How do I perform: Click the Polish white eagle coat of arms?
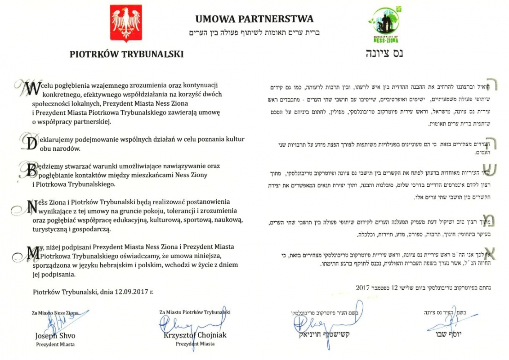tap(126, 24)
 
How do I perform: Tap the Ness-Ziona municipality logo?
tap(383, 25)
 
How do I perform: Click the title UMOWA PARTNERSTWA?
tap(254, 19)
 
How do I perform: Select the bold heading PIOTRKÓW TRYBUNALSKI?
tap(127, 54)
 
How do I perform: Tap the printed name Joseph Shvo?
tap(55, 336)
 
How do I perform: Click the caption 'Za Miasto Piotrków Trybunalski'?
tap(195, 312)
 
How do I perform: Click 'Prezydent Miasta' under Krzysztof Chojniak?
tap(195, 344)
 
